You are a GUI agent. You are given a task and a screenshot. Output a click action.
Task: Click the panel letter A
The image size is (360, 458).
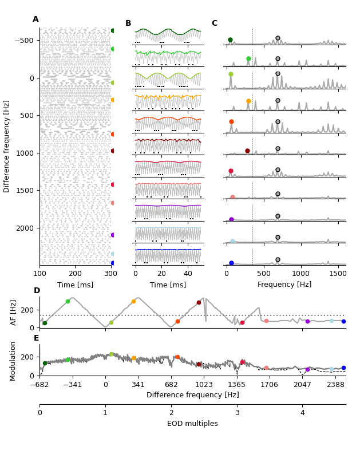click(35, 19)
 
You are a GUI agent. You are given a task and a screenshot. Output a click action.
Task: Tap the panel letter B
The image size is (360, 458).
click(128, 23)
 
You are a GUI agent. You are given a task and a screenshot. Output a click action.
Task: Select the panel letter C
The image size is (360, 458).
click(214, 23)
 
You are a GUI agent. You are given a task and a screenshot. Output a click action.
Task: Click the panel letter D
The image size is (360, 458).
click(37, 291)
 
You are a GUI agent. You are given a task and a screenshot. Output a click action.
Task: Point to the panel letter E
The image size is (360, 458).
click(36, 338)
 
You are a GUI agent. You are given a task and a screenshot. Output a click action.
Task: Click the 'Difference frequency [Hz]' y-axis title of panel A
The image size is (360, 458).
click(7, 146)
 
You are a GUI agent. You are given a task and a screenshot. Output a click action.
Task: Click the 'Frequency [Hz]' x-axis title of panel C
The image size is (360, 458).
click(284, 285)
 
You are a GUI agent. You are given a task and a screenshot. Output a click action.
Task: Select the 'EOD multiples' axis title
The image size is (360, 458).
click(192, 424)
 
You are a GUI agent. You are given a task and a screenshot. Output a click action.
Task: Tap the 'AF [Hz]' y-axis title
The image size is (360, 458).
click(14, 313)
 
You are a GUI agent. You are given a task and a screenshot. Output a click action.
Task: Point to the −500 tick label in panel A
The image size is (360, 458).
click(24, 41)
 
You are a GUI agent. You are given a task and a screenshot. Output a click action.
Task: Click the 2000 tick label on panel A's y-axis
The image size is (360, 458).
click(25, 228)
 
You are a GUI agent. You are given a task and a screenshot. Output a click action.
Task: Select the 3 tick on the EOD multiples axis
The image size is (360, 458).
click(237, 413)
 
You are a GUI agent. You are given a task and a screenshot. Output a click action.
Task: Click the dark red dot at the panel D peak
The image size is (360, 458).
click(199, 303)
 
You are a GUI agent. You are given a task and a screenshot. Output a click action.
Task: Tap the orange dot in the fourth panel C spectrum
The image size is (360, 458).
click(248, 101)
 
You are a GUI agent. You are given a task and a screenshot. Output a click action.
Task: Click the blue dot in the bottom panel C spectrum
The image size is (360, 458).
click(231, 263)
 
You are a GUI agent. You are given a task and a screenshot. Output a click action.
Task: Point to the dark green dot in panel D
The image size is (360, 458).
click(45, 323)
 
